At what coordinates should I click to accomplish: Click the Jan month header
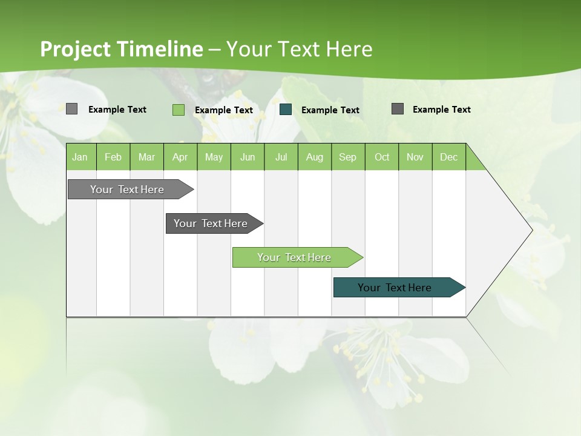tap(80, 157)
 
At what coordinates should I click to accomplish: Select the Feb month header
tap(113, 157)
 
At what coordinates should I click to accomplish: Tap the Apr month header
tap(180, 157)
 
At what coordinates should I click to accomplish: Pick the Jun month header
tap(248, 157)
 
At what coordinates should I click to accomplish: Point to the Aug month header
tap(315, 157)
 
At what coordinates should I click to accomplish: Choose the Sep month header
tap(347, 157)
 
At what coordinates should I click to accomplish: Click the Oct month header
tap(382, 157)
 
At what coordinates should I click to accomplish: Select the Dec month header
tap(449, 157)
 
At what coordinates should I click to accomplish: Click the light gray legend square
tap(72, 109)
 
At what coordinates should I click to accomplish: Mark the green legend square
tap(179, 110)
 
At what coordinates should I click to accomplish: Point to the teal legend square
tap(286, 110)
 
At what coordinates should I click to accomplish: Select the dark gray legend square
tap(398, 109)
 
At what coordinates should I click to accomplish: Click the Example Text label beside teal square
tap(330, 110)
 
